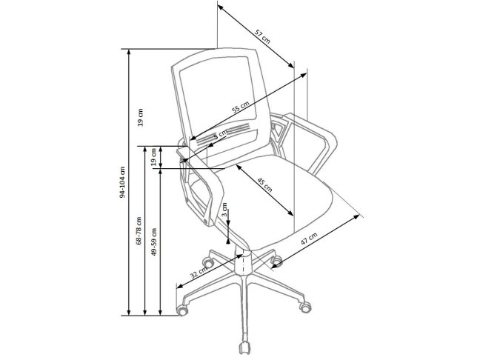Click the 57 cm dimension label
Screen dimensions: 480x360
tap(262, 36)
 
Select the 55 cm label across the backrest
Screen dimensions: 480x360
tap(240, 107)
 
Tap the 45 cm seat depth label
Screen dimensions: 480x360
tap(264, 184)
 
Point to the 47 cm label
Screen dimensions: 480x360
tap(309, 239)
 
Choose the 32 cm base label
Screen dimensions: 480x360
tap(199, 272)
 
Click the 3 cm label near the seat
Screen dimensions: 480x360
tap(224, 210)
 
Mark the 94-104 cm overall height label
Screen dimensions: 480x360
tap(122, 182)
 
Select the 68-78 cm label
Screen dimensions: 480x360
tap(139, 230)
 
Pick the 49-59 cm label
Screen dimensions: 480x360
tap(154, 241)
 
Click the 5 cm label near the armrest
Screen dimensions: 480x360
tap(221, 135)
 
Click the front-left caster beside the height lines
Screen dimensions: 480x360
tap(182, 310)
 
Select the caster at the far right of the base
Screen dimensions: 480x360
tap(305, 307)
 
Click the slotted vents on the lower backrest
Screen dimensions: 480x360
tap(224, 134)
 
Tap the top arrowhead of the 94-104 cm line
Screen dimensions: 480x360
tap(129, 52)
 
